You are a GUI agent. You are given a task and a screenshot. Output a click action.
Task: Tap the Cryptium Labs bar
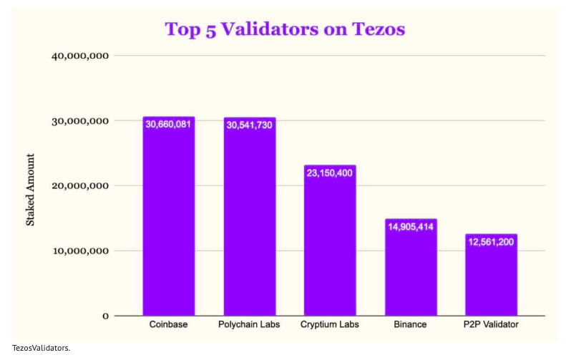click(330, 243)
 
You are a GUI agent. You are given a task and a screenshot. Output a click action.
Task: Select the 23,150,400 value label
click(330, 173)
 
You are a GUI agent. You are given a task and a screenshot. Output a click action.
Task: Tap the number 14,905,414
click(411, 227)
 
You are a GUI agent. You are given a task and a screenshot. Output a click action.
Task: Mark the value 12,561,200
click(491, 242)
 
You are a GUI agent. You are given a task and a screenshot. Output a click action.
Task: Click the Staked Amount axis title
click(30, 190)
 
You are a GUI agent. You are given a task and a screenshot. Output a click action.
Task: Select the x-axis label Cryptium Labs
click(330, 325)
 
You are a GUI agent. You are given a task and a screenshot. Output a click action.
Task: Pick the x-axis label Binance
click(410, 325)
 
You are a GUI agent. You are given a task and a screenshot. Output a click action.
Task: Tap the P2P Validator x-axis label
click(491, 325)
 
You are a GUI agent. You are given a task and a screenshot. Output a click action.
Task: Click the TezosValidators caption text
click(41, 348)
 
